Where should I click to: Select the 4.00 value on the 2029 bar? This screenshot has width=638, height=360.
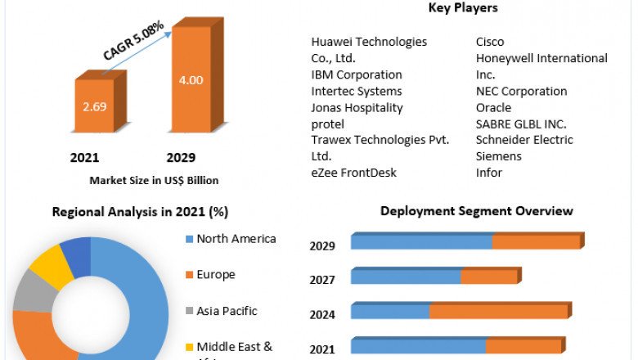coord(191,80)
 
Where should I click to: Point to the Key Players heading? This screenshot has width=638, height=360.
coord(463,8)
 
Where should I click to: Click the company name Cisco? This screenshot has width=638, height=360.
coord(490,42)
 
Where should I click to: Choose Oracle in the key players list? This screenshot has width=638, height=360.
coord(493,107)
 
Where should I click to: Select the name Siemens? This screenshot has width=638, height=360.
coord(498,156)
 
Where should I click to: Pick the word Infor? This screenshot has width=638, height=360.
coord(489,173)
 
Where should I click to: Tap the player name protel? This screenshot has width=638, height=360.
coord(328,124)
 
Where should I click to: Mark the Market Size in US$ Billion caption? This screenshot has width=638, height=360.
coord(155,180)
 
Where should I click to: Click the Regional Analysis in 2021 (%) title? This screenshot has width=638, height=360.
coord(140,212)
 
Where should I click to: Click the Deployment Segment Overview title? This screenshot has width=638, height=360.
coord(476,211)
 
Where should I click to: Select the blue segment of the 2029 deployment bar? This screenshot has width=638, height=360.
coord(421,242)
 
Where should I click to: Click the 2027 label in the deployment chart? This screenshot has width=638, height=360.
coord(322,280)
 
